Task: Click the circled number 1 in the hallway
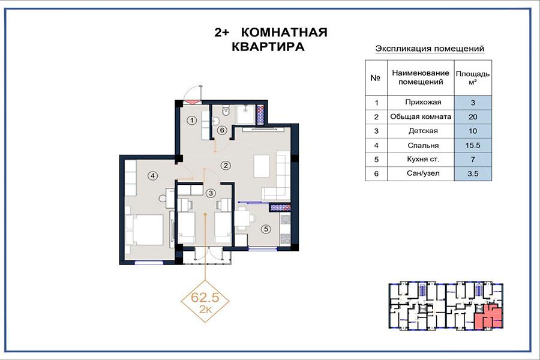point(192,120)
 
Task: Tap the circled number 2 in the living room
point(226,166)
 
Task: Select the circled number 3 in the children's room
point(211,193)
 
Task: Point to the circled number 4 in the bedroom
point(152,176)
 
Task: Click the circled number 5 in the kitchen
point(266,229)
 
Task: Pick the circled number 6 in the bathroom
point(222,130)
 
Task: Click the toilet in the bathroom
point(226,110)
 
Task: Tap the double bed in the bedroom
point(144,230)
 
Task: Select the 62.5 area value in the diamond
point(205,297)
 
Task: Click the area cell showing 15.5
point(473,145)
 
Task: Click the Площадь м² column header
point(473,78)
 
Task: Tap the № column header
point(376,78)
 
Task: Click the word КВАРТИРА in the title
point(268,47)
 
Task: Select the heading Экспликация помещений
point(430,49)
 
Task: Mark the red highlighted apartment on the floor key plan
point(488,317)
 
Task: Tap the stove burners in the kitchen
point(285,239)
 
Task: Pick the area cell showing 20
point(473,117)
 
